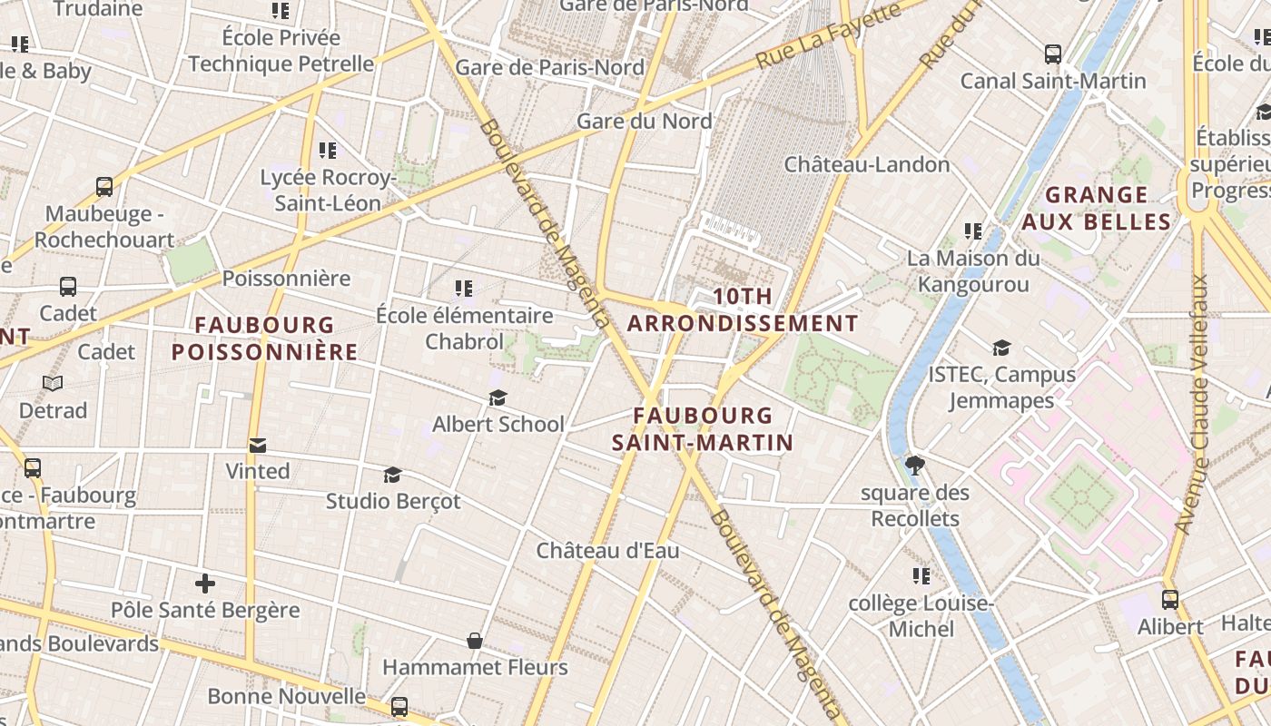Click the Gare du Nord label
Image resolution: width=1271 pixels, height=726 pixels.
coord(645,121)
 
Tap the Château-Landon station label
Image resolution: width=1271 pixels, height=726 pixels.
coord(867,164)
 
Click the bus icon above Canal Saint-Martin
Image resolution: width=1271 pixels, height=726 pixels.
coord(1053,54)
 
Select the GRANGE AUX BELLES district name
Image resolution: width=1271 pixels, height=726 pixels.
coord(1097,209)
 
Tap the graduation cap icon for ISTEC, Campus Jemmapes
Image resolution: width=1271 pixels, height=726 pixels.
coord(1001,348)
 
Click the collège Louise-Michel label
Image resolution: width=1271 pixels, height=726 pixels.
coord(921,616)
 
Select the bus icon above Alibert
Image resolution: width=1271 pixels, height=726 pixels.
coord(1170,600)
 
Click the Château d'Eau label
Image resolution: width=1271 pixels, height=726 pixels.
coord(607,551)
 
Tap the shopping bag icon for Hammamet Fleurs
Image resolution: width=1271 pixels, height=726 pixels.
coord(474,642)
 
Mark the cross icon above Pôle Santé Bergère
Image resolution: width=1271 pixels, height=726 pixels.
coord(205,583)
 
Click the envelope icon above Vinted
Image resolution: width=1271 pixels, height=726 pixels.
coord(258,446)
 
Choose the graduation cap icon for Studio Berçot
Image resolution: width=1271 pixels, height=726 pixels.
coord(392,475)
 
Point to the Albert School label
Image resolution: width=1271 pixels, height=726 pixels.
coord(498,424)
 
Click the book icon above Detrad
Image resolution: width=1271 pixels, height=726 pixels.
coord(53,384)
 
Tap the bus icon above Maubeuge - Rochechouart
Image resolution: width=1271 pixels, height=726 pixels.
coord(104,187)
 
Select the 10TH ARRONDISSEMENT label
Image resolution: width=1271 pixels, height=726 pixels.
coord(743,309)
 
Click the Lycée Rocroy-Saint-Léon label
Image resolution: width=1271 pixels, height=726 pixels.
coord(328,191)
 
